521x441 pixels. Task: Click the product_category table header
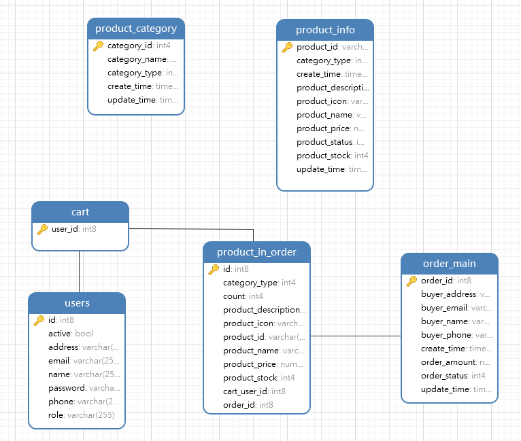coord(136,29)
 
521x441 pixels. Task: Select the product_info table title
coord(325,30)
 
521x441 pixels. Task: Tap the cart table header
coord(80,212)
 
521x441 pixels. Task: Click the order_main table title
coord(449,264)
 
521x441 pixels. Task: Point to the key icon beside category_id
coord(98,46)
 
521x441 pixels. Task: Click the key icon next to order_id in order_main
coord(411,281)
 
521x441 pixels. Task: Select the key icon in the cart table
coord(42,229)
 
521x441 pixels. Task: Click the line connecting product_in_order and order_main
coord(356,336)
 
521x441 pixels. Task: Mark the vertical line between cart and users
coord(80,272)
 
